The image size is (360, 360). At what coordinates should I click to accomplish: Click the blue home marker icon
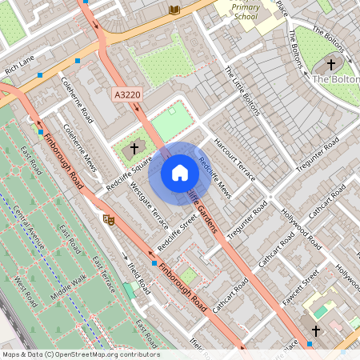(x=180, y=173)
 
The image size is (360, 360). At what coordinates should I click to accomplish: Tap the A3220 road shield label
(x=126, y=94)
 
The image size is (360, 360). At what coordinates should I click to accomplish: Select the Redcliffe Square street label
(x=130, y=172)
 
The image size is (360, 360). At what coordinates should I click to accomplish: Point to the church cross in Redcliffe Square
(x=135, y=147)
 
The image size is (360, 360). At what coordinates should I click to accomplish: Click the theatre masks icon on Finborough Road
(x=109, y=218)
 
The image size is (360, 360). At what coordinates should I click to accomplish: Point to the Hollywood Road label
(x=302, y=227)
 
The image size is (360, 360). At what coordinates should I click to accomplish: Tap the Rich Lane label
(x=20, y=64)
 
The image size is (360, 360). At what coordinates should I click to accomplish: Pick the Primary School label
(x=246, y=11)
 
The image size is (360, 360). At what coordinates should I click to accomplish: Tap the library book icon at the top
(x=174, y=10)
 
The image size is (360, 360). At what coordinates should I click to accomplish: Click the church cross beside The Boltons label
(x=331, y=64)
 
